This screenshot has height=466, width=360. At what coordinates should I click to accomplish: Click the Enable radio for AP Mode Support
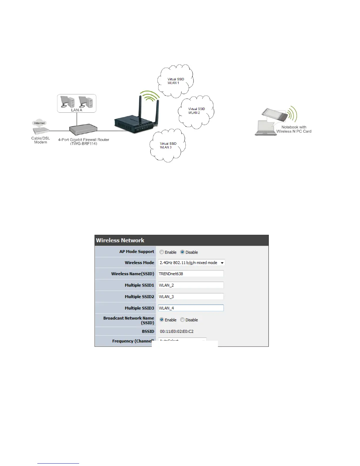click(x=161, y=252)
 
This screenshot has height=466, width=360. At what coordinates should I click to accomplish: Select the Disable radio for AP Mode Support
click(x=182, y=252)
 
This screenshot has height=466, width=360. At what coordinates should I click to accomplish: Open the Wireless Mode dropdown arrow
click(x=222, y=263)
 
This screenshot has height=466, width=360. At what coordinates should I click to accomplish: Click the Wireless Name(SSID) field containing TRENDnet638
click(x=191, y=274)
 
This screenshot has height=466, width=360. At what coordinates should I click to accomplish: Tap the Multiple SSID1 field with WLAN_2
click(x=191, y=285)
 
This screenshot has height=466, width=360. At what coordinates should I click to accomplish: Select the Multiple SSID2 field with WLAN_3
click(x=191, y=297)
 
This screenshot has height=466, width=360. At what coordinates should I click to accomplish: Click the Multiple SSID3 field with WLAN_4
click(x=191, y=308)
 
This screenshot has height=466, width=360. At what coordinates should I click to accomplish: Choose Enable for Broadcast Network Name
click(x=161, y=320)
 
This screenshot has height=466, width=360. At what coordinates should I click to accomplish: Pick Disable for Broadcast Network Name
click(x=182, y=320)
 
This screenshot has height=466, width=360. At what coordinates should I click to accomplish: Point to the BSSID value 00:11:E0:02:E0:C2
click(x=176, y=332)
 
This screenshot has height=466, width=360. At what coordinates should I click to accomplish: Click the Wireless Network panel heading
click(x=120, y=240)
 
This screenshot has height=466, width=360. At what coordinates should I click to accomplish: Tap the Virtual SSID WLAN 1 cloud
click(x=176, y=81)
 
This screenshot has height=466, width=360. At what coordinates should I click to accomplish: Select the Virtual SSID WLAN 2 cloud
click(x=196, y=111)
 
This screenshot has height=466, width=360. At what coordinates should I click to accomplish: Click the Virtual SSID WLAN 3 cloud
click(x=168, y=145)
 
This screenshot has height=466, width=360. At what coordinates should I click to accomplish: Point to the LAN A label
click(x=76, y=110)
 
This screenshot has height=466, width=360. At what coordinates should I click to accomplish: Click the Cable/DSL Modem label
click(x=41, y=140)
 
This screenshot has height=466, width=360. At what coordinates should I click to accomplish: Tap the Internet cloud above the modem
click(x=39, y=123)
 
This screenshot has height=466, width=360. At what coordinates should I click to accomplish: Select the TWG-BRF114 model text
click(x=84, y=144)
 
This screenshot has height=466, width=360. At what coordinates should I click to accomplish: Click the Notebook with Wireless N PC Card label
click(x=294, y=129)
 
